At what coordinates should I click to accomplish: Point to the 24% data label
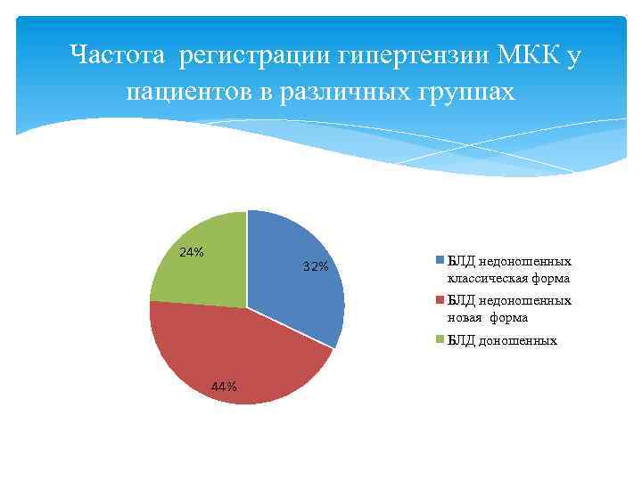tap(192, 252)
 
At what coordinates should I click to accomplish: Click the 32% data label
tap(316, 267)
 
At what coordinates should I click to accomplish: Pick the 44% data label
tap(224, 387)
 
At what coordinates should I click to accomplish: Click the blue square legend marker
tap(440, 261)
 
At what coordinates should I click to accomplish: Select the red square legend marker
tap(440, 301)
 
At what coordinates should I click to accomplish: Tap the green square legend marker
tap(440, 340)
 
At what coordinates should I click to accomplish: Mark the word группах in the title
tap(468, 92)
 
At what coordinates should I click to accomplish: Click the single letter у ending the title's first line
tap(572, 58)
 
